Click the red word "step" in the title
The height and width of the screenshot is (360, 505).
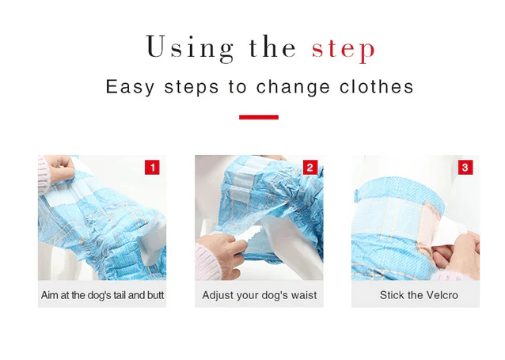point(343,49)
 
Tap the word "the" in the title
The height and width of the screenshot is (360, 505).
point(271,47)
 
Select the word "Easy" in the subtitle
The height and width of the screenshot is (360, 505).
point(131,87)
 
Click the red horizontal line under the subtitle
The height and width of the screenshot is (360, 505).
point(258,117)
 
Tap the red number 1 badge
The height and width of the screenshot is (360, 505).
point(152,168)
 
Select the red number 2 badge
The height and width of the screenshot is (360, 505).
point(309,168)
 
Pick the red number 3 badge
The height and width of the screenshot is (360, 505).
point(465,168)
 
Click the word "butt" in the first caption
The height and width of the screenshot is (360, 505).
point(154,295)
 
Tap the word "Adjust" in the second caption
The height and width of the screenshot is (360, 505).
point(219,295)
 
